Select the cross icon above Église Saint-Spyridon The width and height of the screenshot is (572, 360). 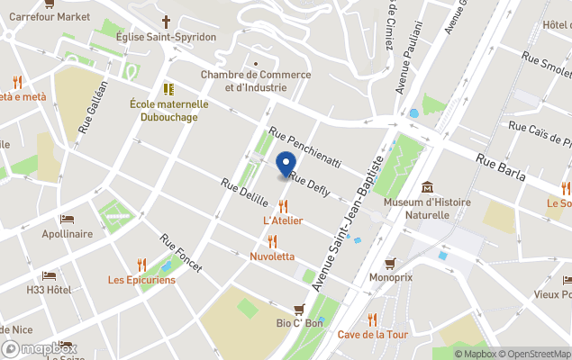[x=167, y=21]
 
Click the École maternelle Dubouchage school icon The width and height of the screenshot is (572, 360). [x=168, y=89]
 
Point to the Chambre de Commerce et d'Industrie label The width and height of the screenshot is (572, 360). [x=243, y=81]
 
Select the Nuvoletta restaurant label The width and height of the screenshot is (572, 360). [x=272, y=256]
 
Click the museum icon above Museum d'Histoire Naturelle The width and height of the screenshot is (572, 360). [x=428, y=186]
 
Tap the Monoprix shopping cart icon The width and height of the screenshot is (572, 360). [x=390, y=263]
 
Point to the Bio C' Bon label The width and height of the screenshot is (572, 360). [x=299, y=323]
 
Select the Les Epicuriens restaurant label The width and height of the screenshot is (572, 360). [x=141, y=280]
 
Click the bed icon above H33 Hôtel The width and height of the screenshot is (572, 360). [x=49, y=275]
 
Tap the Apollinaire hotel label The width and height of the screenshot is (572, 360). [x=68, y=234]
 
